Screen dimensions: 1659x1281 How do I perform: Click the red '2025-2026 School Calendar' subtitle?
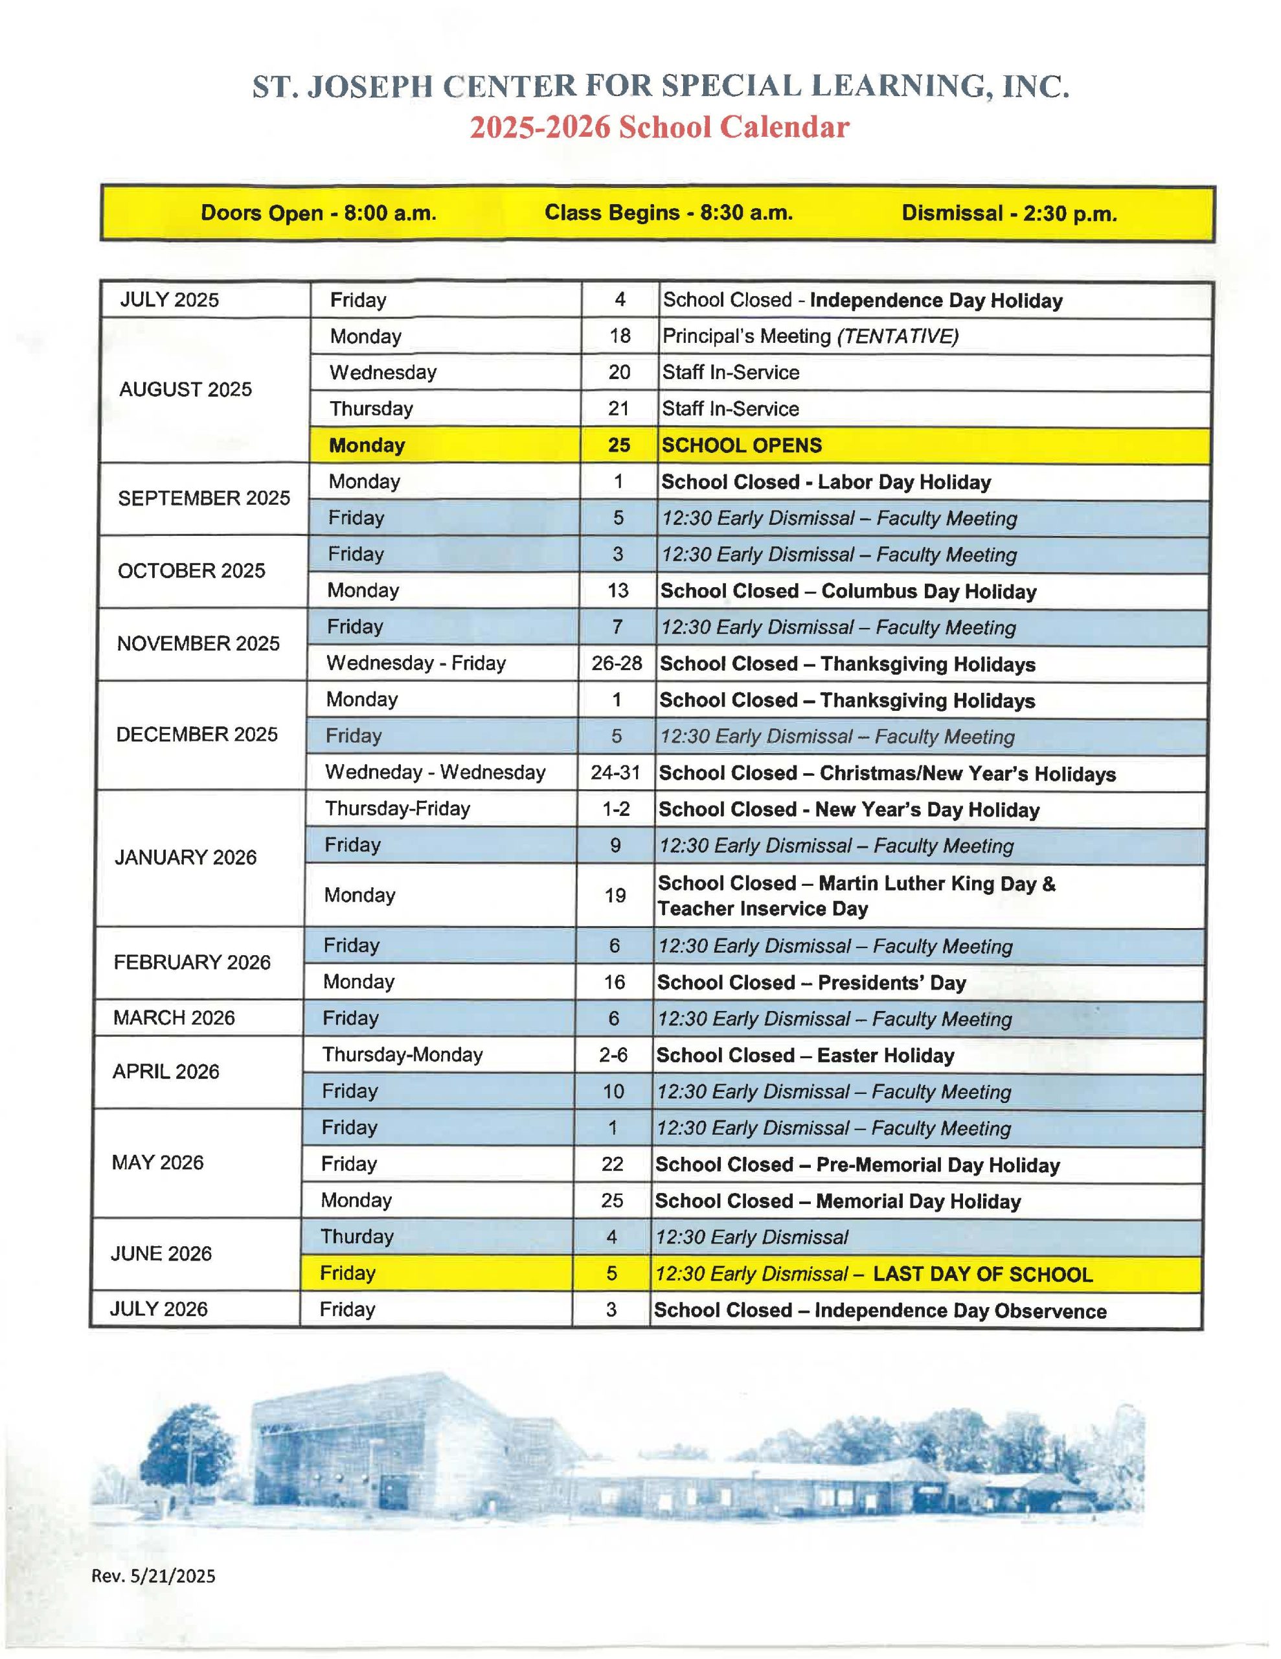pos(659,127)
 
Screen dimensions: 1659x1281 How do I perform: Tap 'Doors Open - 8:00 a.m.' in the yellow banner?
pos(318,213)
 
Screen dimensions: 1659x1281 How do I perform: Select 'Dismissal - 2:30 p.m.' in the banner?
pos(1008,213)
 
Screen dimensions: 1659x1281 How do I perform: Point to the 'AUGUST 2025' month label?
pos(185,389)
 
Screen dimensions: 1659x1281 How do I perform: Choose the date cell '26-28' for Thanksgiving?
pos(617,663)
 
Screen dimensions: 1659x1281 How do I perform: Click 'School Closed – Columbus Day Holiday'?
pos(848,591)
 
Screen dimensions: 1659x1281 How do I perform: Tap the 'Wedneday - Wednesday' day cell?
pos(435,772)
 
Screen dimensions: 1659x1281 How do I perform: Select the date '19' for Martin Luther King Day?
pos(615,896)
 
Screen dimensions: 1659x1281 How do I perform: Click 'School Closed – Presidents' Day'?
pos(811,983)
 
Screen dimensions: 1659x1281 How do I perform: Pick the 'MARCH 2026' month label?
pos(174,1018)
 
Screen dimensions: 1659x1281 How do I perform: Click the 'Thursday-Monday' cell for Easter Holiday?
pos(402,1055)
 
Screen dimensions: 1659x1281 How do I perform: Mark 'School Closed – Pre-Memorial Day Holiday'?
pos(857,1165)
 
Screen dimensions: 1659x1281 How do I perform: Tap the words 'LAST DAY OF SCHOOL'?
pos(982,1275)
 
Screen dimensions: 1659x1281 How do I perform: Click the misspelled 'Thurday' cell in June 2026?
pos(357,1236)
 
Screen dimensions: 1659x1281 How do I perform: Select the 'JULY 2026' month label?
pos(159,1310)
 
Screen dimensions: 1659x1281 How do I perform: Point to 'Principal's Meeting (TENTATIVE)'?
pos(810,336)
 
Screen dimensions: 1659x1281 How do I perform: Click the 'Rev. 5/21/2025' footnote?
pos(153,1575)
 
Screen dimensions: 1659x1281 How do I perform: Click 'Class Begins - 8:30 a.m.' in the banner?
pos(668,213)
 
